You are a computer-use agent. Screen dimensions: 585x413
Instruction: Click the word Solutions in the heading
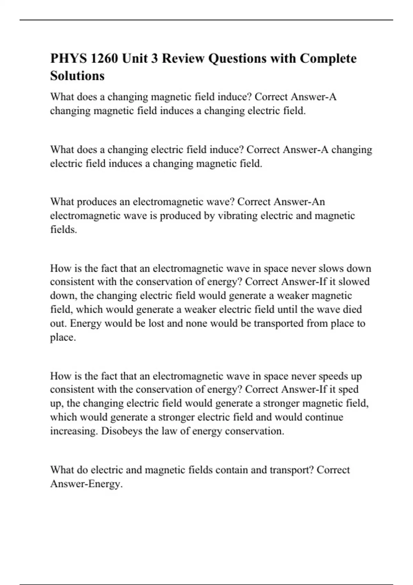77,76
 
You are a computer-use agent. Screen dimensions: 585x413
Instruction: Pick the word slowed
354,282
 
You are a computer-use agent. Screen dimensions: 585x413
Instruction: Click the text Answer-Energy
86,484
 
